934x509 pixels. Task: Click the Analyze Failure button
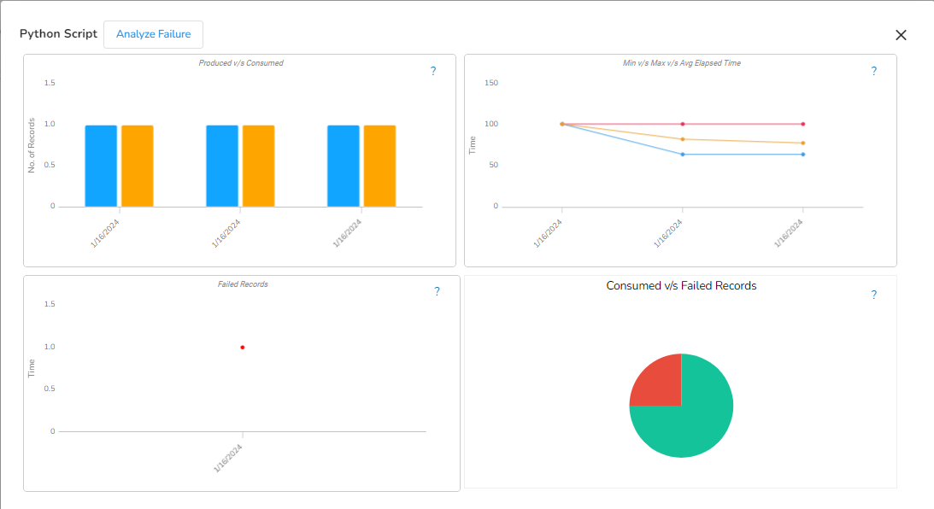coord(153,34)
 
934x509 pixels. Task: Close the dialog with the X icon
coord(901,35)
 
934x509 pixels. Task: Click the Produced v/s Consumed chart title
coord(241,63)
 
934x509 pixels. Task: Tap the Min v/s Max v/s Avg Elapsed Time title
coord(682,63)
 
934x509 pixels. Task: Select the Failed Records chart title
coord(243,284)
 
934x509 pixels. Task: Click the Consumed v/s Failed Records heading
coord(681,286)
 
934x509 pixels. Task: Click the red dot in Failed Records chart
coord(243,348)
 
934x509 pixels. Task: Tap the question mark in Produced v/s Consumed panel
coord(433,72)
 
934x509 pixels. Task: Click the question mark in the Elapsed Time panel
coord(873,72)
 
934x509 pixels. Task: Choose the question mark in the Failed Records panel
coord(437,292)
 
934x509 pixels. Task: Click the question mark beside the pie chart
coord(873,295)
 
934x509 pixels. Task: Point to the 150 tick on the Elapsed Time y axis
coord(491,83)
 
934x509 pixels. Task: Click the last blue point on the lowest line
coord(802,155)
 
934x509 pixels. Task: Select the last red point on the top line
coord(802,124)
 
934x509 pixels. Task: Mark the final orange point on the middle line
coord(802,143)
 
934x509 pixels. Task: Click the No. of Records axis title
coord(31,145)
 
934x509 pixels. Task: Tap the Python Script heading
coord(58,34)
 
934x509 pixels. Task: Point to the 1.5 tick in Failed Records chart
coord(49,304)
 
